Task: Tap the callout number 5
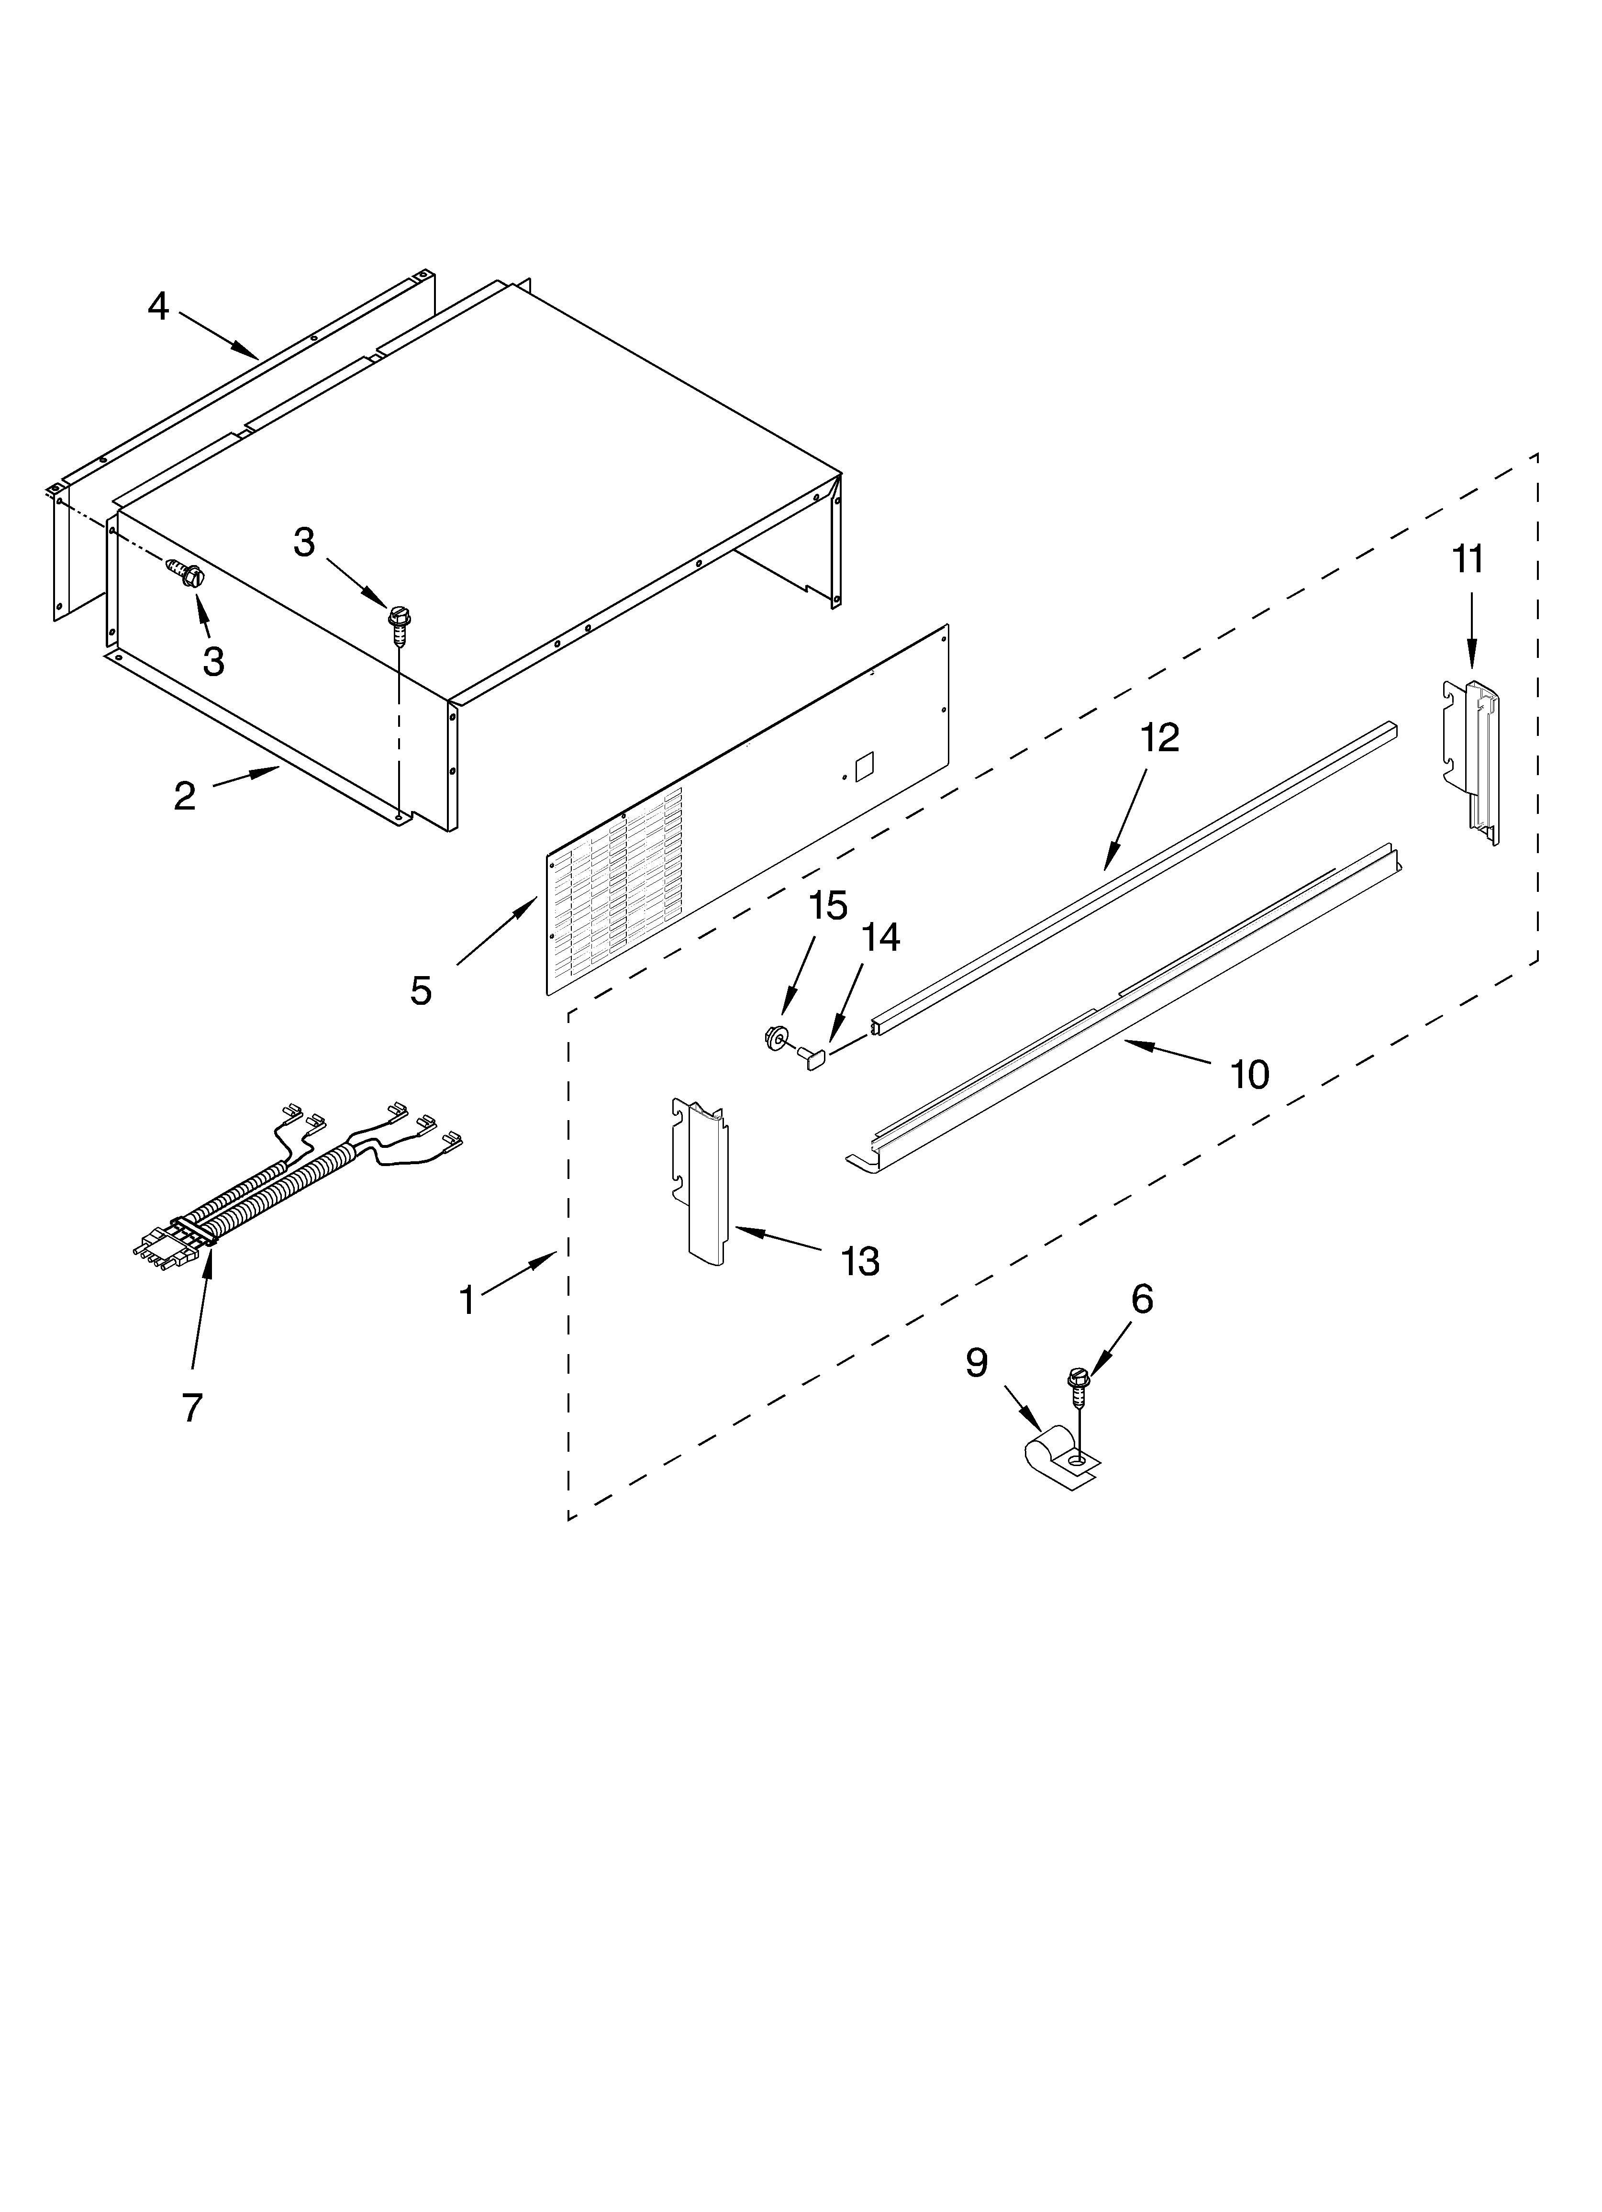[x=421, y=991]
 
